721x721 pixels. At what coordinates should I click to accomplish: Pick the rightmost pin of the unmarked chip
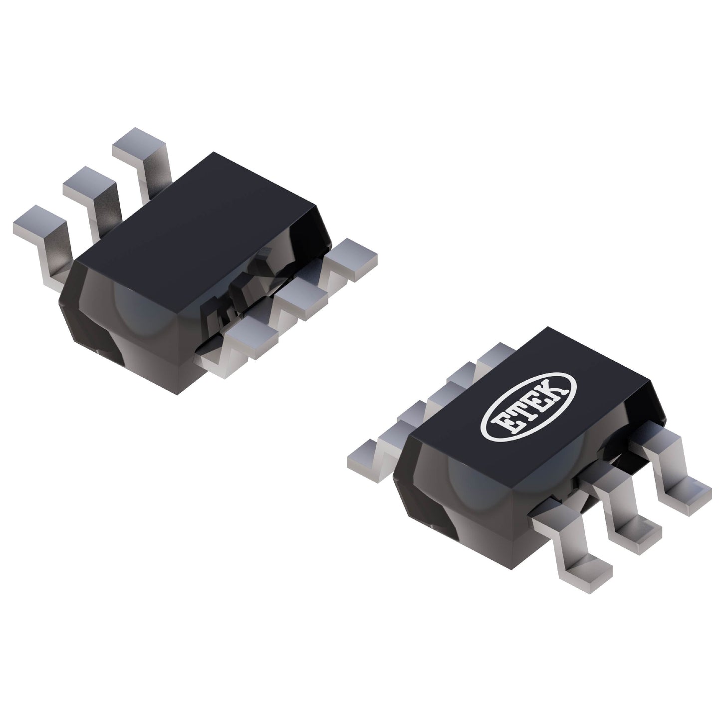tap(352, 254)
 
